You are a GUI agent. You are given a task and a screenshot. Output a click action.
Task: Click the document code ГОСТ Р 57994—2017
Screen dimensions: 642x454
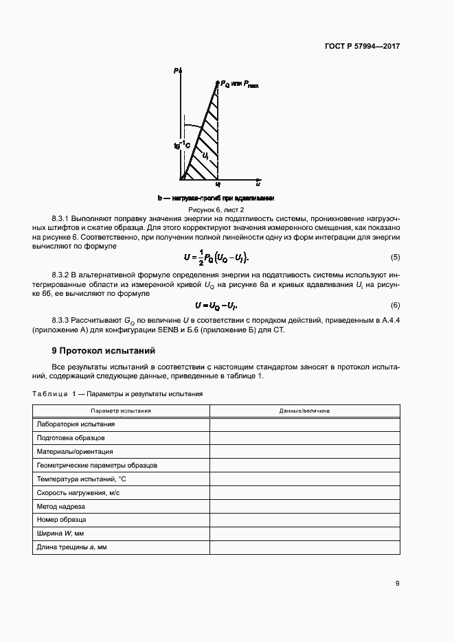pos(362,47)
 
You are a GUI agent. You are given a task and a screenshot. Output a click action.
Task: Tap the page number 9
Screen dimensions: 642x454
pos(397,584)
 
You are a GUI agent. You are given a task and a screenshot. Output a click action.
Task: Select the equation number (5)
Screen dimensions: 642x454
pos(395,257)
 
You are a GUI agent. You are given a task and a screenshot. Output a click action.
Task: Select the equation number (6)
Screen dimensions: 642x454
pos(395,305)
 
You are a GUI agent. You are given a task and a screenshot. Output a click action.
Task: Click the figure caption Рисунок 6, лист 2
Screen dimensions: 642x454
pos(216,209)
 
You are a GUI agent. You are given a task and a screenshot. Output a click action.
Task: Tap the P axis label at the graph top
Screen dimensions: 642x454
pos(177,71)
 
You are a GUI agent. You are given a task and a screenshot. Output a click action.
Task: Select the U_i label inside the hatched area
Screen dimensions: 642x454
pos(205,156)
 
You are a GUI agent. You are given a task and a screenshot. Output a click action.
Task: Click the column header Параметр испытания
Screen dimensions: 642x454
pos(122,411)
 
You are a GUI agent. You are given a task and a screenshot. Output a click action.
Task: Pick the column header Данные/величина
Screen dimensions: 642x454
pos(304,411)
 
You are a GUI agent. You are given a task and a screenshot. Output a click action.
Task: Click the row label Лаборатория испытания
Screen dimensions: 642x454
pos(76,424)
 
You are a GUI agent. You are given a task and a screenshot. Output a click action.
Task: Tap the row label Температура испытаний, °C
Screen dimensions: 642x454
pos(82,479)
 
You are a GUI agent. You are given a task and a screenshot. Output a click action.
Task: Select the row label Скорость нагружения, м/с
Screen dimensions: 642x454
pos(80,492)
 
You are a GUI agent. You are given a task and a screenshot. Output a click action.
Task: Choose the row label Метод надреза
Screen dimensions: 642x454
pos(62,506)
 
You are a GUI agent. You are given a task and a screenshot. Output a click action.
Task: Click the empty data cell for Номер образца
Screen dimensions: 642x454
pos(304,520)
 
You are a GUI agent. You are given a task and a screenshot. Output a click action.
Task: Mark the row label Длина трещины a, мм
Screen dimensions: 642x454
pos(72,547)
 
